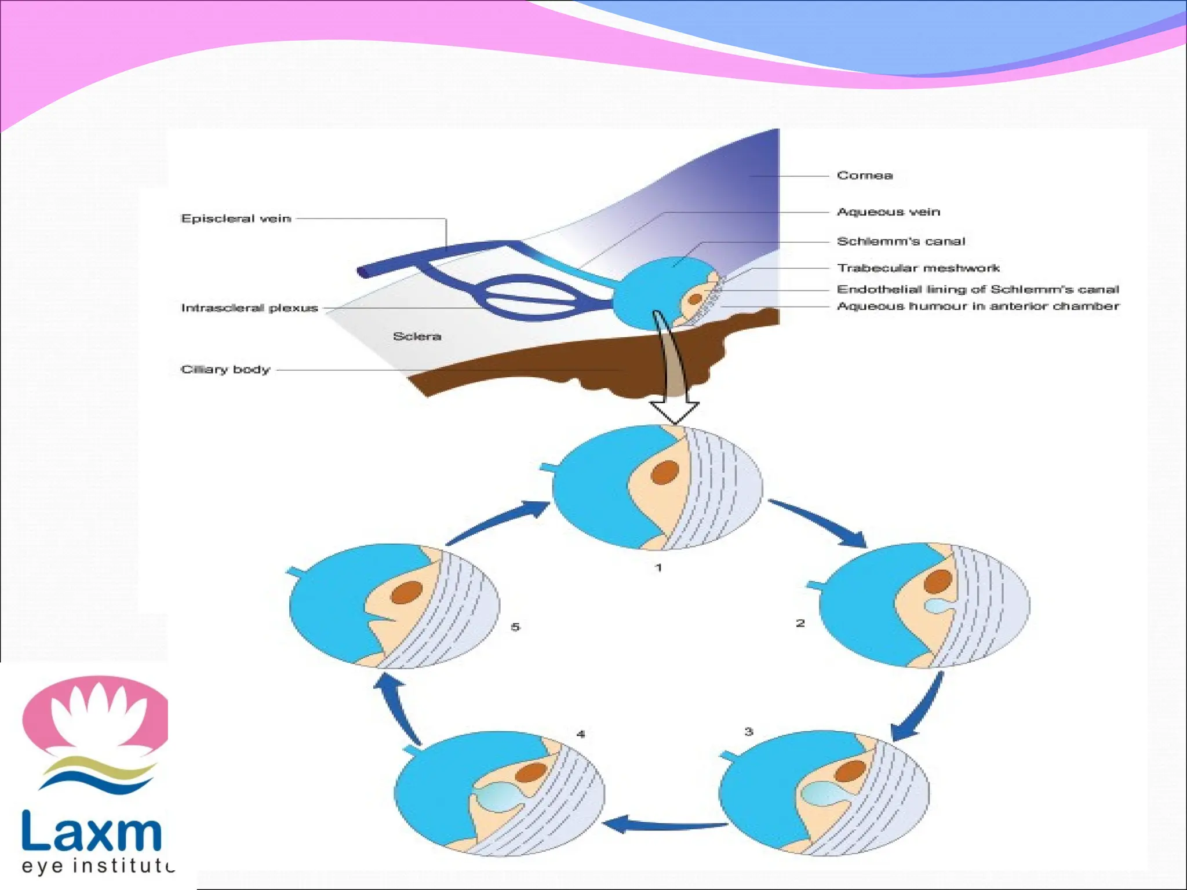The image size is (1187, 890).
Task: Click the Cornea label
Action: (864, 175)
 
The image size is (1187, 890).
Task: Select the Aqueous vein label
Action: (888, 212)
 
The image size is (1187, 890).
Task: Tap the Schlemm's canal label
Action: (901, 241)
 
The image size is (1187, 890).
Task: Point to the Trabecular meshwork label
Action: (918, 268)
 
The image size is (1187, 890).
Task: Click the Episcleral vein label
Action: (236, 218)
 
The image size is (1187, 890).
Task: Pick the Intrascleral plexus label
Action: (249, 308)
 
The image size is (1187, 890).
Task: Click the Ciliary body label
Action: (225, 370)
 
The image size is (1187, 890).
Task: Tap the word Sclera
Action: (417, 336)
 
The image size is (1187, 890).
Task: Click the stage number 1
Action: (658, 567)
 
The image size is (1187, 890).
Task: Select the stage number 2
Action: (800, 623)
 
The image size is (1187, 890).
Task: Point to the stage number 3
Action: (748, 732)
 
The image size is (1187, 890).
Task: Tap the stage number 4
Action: (581, 734)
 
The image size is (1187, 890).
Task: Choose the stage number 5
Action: (515, 627)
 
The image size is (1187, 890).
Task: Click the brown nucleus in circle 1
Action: (664, 472)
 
